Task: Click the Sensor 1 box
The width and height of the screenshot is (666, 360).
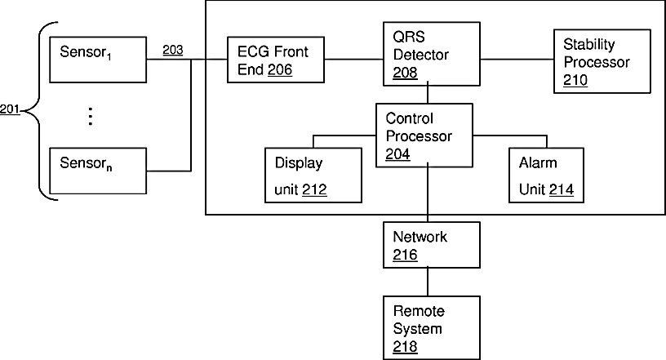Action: click(x=98, y=60)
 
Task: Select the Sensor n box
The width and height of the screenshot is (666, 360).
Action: click(x=98, y=171)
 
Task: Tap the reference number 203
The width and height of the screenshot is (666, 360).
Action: click(x=173, y=50)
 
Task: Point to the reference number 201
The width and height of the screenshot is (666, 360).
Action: click(x=10, y=109)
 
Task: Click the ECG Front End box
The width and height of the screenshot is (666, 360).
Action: click(x=276, y=60)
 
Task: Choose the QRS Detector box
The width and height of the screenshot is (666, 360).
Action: click(x=432, y=54)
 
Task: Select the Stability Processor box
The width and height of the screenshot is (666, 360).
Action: click(x=602, y=61)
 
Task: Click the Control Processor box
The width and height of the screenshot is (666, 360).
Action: click(x=424, y=136)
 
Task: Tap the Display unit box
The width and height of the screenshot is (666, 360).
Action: click(x=313, y=176)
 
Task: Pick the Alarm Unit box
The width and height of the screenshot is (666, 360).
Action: click(x=546, y=176)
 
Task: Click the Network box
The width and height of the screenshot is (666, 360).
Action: click(x=432, y=245)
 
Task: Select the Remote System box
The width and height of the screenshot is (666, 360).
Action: click(x=432, y=327)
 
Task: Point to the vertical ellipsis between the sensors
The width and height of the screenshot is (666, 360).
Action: click(x=90, y=117)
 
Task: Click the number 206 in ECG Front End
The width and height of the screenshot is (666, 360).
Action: click(x=280, y=69)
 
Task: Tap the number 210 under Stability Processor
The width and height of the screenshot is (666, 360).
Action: click(x=575, y=80)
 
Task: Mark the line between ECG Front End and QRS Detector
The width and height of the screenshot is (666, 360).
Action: click(x=354, y=60)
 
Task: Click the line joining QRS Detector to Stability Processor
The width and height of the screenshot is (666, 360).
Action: click(x=517, y=60)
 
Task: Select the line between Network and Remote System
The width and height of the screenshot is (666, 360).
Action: click(x=428, y=282)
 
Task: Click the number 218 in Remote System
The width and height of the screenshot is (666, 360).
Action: click(x=405, y=347)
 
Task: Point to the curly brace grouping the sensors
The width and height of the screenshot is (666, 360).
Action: click(x=39, y=111)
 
